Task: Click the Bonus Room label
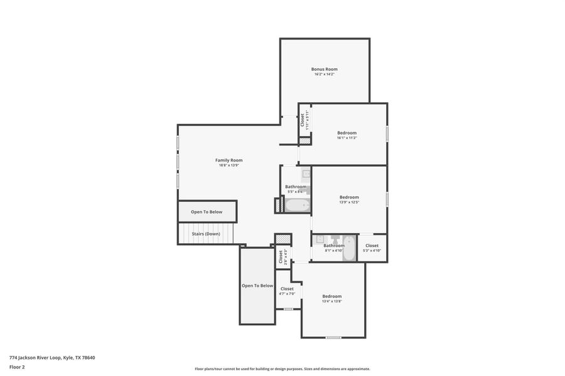325,69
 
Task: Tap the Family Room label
229,160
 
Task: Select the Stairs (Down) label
207,234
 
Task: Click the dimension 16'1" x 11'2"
347,138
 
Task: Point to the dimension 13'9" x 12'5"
349,202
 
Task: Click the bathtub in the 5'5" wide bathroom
297,204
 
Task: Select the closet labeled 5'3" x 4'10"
372,248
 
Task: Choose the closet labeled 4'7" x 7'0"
286,291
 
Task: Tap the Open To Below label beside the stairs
207,212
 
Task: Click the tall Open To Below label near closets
257,286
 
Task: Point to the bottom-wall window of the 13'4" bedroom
333,337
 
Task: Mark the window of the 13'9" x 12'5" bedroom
387,199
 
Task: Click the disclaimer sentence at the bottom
282,369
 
